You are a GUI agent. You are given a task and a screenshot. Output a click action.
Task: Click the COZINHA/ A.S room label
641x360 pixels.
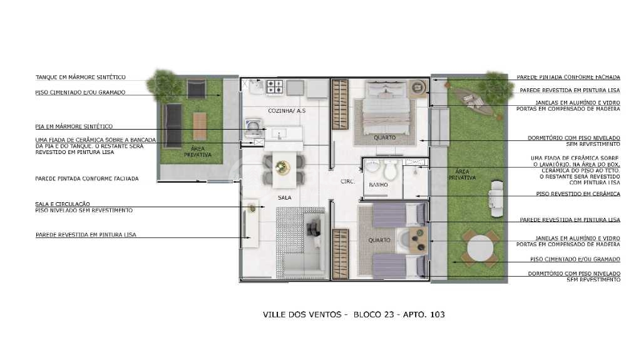(x=287, y=111)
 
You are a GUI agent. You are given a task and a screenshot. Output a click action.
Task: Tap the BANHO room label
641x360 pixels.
(x=378, y=185)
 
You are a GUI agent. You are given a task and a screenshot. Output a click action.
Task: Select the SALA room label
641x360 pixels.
(x=285, y=198)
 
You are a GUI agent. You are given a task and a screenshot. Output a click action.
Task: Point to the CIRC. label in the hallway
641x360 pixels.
(x=347, y=181)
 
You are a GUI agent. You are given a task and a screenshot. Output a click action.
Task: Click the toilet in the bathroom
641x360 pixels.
(x=390, y=170)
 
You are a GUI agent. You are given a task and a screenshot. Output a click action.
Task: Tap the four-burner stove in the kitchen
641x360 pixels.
(x=275, y=87)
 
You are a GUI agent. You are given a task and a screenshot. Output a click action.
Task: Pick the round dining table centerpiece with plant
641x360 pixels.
(x=282, y=167)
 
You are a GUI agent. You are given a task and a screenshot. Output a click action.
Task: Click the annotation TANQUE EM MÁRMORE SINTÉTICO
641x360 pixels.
(x=81, y=77)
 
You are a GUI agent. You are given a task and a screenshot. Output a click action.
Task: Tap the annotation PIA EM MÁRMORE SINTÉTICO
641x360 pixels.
(x=74, y=126)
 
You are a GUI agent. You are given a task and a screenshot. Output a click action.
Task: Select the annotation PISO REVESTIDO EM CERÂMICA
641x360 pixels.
(x=578, y=194)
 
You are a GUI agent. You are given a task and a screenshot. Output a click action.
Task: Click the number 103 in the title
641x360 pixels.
(x=437, y=314)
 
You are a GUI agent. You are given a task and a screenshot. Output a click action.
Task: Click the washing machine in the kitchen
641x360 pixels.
(x=253, y=128)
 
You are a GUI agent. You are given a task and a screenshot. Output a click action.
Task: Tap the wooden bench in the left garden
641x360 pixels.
(x=200, y=126)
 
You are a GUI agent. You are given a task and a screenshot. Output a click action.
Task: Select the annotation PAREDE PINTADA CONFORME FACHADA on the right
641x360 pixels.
(x=568, y=77)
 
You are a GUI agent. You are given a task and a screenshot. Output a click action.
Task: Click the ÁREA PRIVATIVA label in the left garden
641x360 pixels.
(x=197, y=152)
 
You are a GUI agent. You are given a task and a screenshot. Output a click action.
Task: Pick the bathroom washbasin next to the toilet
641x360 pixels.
(x=372, y=167)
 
